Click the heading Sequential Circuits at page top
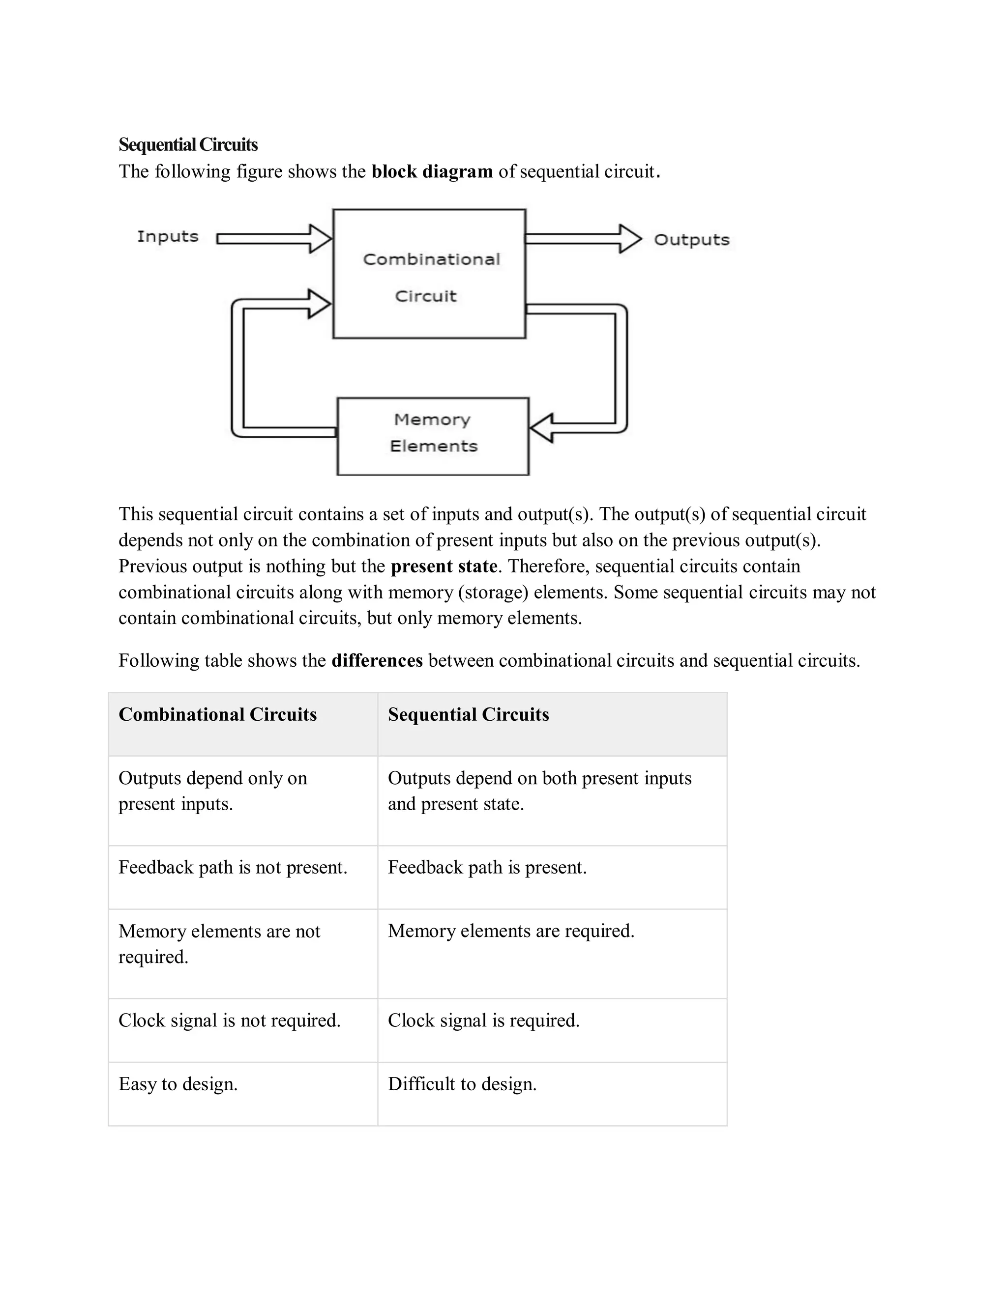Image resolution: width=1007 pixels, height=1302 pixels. (188, 145)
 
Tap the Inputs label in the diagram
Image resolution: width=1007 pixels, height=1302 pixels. (168, 237)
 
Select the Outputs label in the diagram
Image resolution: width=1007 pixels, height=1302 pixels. (691, 240)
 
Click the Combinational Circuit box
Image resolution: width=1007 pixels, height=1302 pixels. (429, 274)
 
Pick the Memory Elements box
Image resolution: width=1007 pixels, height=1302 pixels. (433, 436)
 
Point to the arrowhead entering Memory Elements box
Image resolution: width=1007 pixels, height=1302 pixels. (541, 428)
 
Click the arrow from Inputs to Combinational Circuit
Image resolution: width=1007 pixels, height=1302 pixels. (274, 238)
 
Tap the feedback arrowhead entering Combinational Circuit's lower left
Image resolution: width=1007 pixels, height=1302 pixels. (319, 304)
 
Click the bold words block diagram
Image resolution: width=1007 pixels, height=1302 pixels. (432, 171)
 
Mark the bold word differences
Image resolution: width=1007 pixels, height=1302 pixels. (377, 660)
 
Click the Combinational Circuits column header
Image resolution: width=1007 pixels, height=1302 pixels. (218, 714)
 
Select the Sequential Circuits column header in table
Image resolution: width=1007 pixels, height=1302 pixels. (468, 714)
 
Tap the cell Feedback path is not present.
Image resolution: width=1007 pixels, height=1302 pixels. (233, 867)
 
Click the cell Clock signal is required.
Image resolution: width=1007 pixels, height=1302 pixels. (484, 1020)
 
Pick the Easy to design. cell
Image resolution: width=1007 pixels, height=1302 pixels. (178, 1084)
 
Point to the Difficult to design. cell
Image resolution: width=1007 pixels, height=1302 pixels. (462, 1084)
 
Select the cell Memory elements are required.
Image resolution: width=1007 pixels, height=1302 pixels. (511, 931)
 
